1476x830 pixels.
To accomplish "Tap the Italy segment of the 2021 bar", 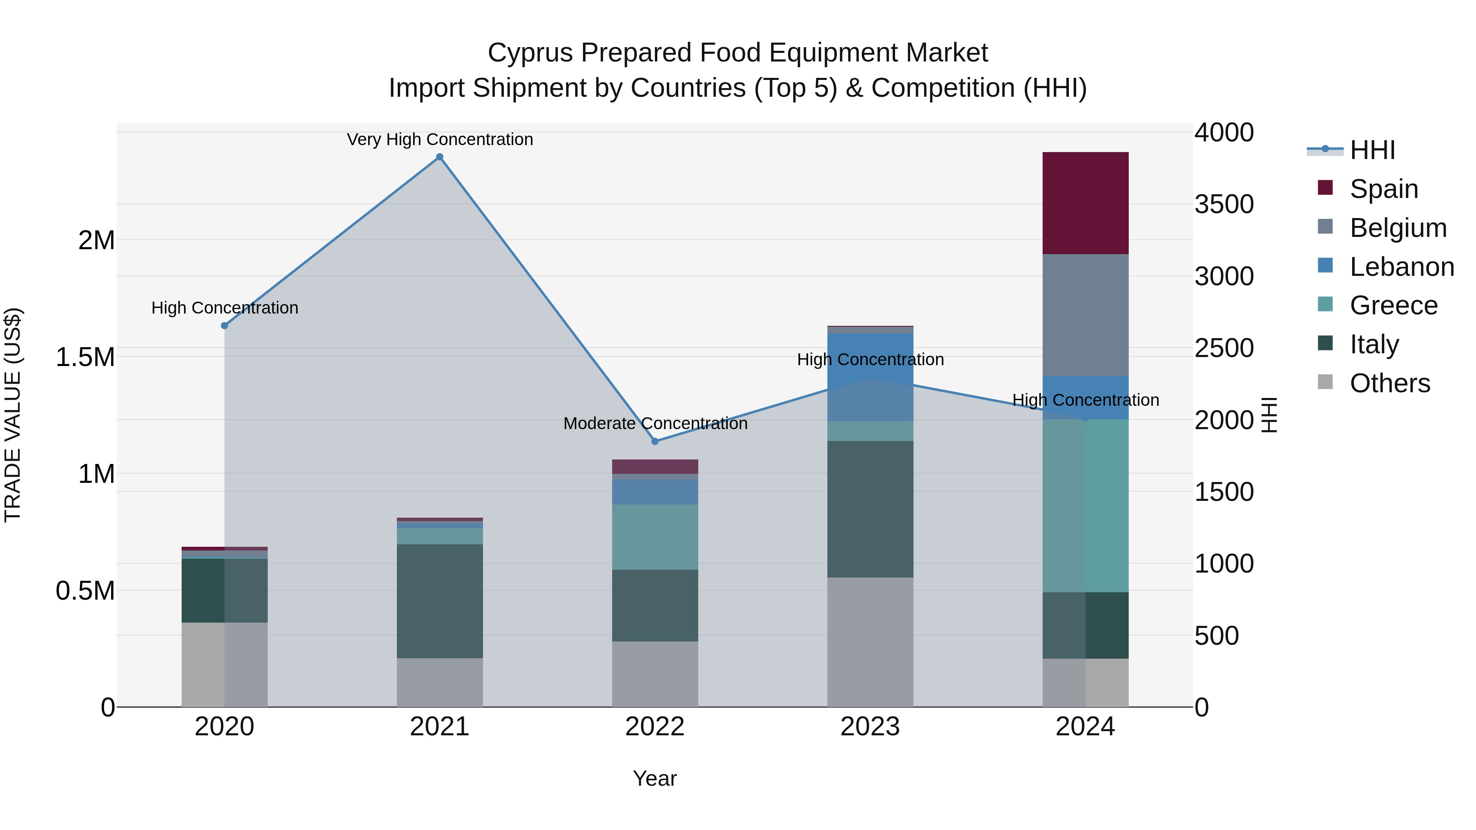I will click(440, 601).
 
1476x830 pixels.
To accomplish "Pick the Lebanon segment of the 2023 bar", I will click(870, 377).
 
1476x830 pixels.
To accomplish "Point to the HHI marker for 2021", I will click(440, 157).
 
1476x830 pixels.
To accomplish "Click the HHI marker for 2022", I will click(655, 441).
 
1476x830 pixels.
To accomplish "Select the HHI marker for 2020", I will click(225, 325).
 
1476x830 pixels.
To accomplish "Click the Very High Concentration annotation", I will click(440, 139).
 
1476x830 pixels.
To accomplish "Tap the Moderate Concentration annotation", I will click(655, 423).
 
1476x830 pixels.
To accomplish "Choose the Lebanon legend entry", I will click(1401, 266).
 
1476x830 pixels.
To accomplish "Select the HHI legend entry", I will click(1372, 150).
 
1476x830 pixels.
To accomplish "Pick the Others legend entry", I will click(1389, 383).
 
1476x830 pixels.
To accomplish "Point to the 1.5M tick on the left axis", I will click(85, 357).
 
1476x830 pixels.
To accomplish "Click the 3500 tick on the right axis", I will click(1224, 204).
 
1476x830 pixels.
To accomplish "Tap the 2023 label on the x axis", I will click(870, 726).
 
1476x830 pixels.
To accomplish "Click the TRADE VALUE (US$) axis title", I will click(13, 415).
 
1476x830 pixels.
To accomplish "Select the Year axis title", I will click(654, 778).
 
